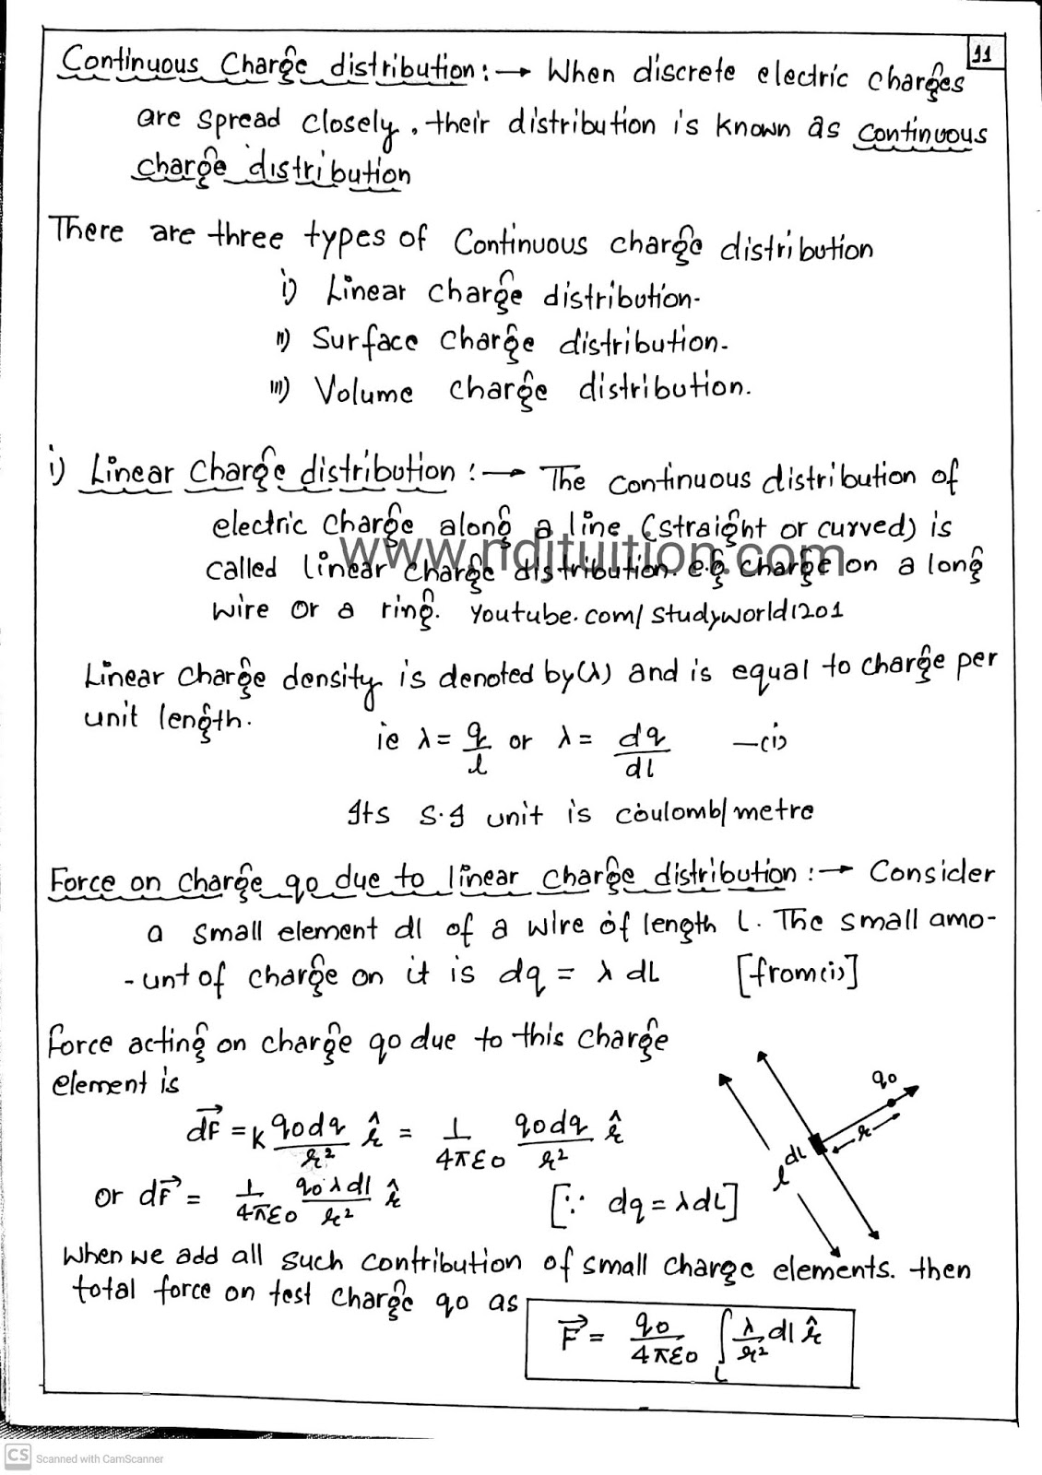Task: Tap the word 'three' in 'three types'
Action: point(246,236)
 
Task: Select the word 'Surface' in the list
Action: point(364,340)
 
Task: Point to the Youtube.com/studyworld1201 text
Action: point(656,613)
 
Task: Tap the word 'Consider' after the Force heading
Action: point(931,872)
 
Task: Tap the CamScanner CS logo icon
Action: point(18,1457)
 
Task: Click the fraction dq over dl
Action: point(642,751)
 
